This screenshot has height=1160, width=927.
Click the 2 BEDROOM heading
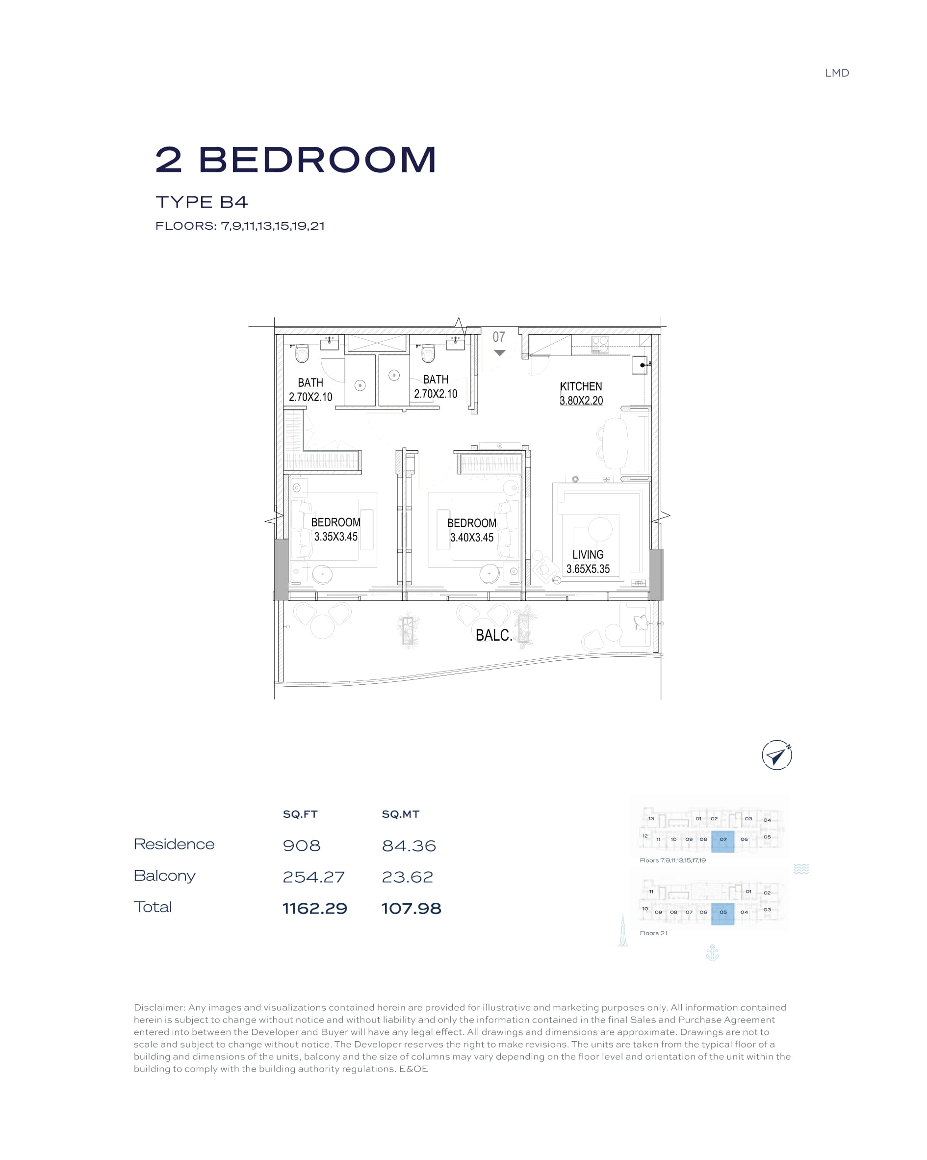tap(295, 160)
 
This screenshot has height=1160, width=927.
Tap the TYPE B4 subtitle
tap(202, 202)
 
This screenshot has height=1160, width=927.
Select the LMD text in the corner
tap(837, 73)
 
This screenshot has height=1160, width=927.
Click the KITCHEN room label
tap(581, 386)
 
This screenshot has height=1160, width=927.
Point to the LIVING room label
tap(588, 555)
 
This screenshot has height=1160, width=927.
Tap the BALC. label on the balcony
tap(493, 635)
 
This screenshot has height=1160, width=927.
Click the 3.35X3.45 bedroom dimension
tap(335, 537)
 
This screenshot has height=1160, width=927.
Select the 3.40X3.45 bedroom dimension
tap(471, 538)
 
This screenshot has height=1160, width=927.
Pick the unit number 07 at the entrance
tap(499, 337)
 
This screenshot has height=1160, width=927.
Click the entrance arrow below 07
tap(499, 353)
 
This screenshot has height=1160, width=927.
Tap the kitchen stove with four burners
tap(600, 344)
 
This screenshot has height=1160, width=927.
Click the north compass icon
tap(776, 755)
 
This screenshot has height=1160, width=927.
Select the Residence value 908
tap(302, 846)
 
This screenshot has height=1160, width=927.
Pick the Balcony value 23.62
tap(407, 877)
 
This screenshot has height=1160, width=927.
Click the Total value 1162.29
tap(314, 908)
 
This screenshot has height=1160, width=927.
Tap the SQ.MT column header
tap(400, 814)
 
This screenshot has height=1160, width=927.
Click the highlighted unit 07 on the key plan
tap(722, 841)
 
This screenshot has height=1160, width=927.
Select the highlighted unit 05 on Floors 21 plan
tap(722, 914)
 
